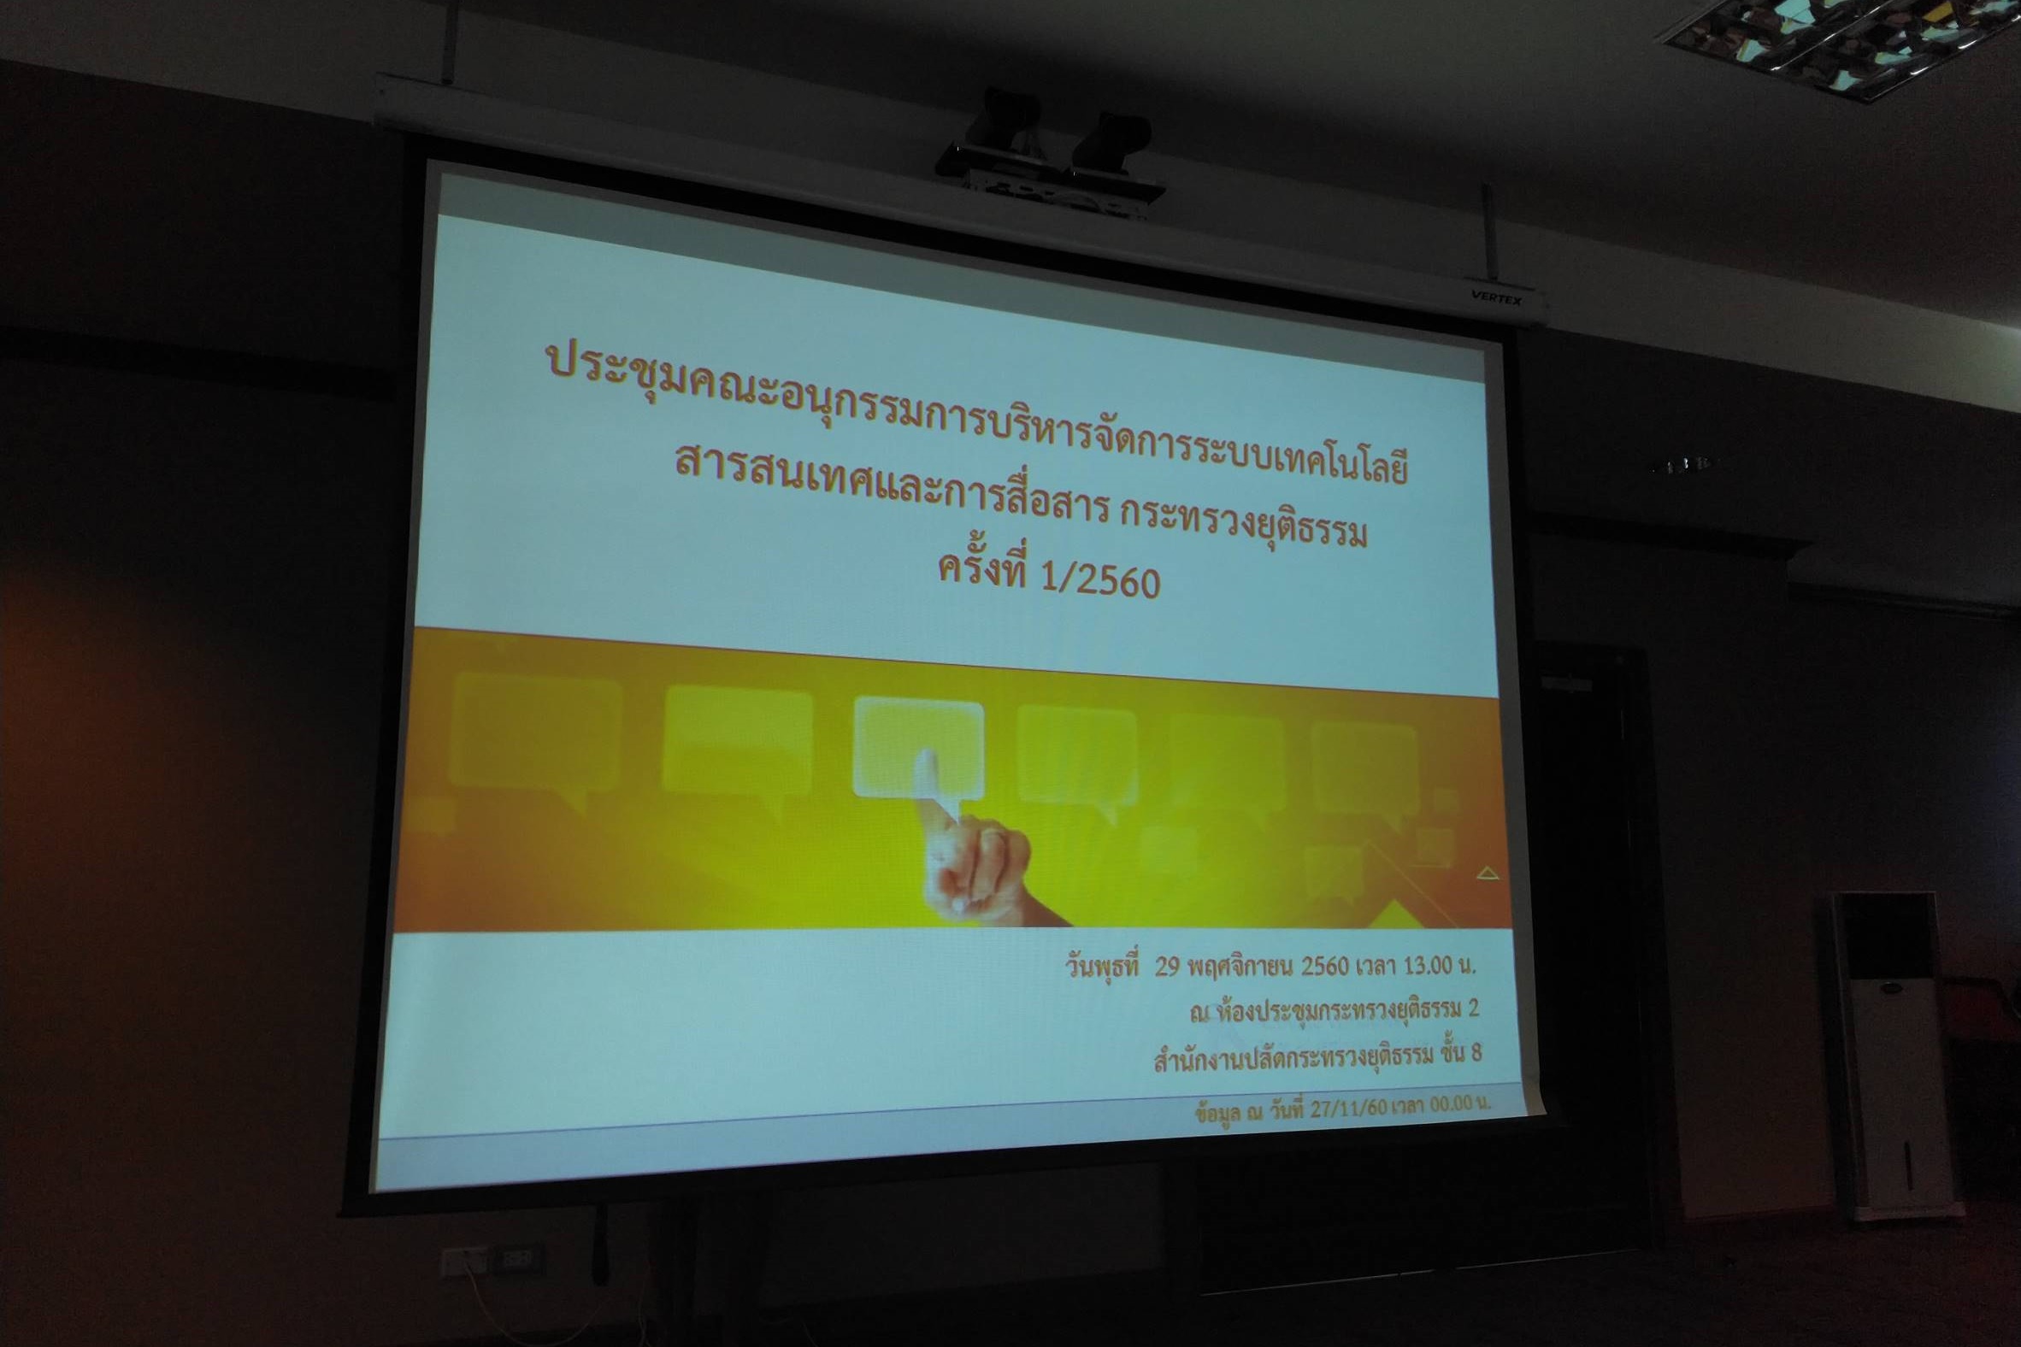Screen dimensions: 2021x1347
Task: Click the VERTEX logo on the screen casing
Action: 1496,298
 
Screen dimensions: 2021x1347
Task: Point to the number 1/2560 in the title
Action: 1100,580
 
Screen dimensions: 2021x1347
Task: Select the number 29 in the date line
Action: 1166,968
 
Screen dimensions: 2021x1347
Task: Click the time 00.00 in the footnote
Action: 1451,1104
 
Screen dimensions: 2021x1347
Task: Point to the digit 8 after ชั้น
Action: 1476,1052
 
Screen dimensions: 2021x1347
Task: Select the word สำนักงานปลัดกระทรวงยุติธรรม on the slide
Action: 1294,1058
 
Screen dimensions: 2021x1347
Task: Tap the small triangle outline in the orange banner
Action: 1488,873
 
